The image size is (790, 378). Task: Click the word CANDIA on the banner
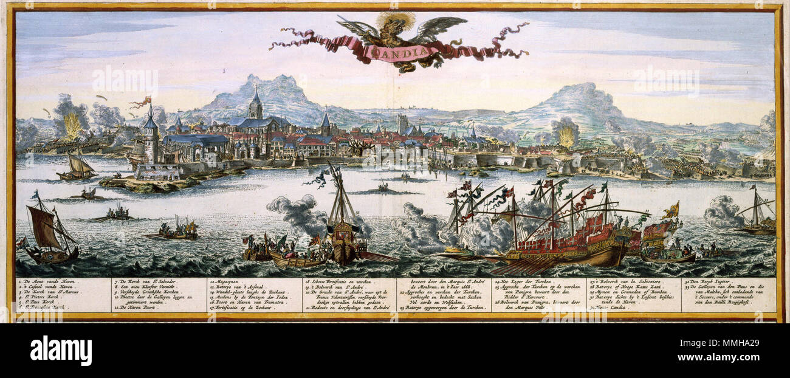[x=398, y=52]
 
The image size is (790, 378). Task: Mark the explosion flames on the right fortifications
[x=566, y=136]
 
